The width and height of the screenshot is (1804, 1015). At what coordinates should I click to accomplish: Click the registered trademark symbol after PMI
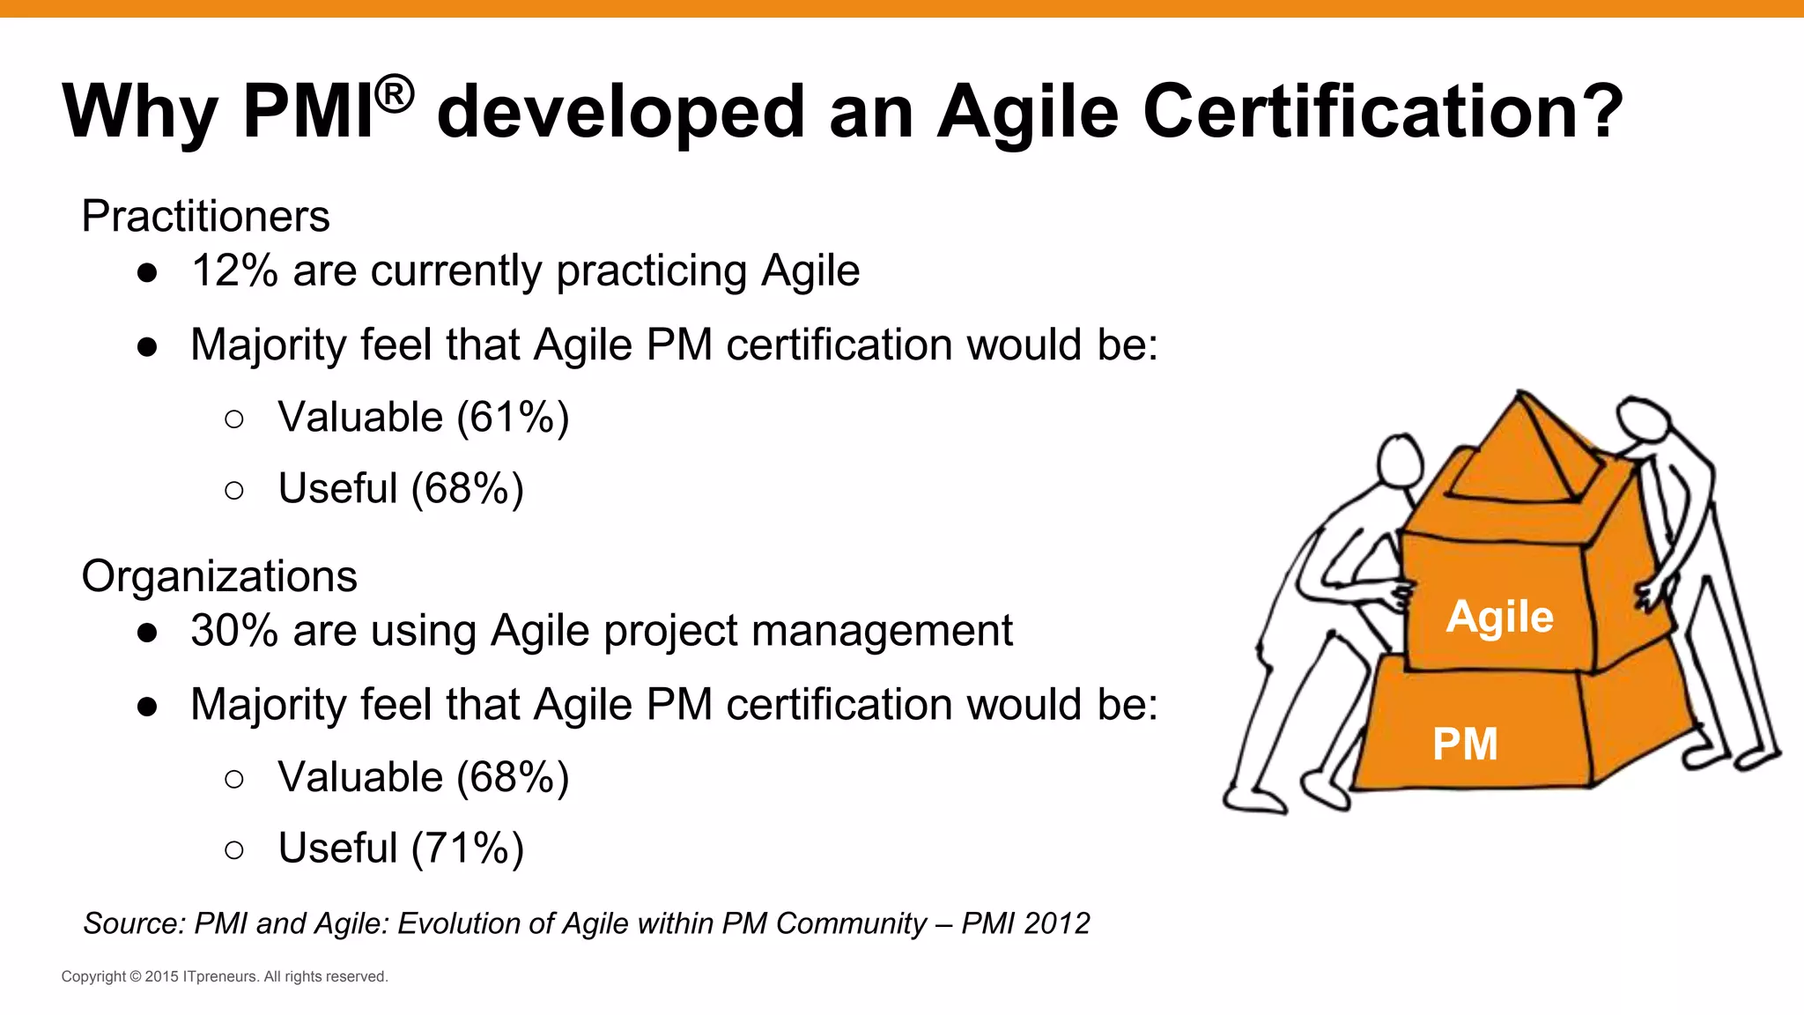(393, 94)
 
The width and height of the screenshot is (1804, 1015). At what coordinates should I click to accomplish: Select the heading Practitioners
(205, 216)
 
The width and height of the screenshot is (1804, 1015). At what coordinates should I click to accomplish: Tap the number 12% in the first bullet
(234, 270)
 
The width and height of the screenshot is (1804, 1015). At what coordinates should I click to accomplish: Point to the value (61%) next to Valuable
(513, 418)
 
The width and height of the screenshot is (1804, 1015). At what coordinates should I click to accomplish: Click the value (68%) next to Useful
(467, 489)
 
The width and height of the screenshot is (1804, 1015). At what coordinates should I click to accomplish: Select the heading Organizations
(219, 576)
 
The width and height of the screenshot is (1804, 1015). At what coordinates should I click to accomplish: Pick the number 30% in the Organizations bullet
(234, 631)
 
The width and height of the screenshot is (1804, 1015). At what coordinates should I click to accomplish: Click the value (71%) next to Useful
(467, 848)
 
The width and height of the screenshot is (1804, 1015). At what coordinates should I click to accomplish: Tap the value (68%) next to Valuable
(513, 778)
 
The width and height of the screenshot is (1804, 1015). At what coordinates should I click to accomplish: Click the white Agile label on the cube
(1499, 616)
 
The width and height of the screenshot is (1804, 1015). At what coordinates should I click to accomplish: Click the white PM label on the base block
(1465, 744)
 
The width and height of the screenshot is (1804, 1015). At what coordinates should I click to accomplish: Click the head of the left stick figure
(1400, 459)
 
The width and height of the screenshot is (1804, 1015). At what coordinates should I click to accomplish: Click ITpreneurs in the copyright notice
(220, 976)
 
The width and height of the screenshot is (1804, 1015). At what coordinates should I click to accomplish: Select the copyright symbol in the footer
(136, 976)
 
